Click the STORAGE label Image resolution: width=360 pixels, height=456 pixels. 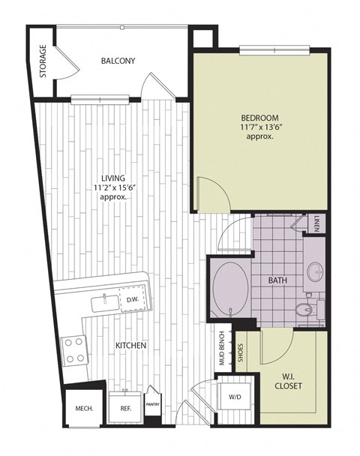pos(43,61)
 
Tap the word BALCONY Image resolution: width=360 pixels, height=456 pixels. pos(118,61)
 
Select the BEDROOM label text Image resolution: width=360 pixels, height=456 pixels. pos(259,118)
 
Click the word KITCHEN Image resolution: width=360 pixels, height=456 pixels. pos(130,345)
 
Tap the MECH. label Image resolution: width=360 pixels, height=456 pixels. pos(83,409)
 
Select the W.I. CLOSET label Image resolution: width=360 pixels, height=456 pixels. pos(288,381)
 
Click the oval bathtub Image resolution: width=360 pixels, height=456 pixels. pos(228,289)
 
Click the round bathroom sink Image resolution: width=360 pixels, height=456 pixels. pos(313,270)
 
